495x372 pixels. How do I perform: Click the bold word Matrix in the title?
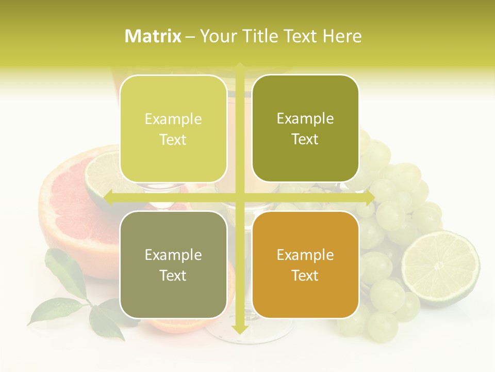click(153, 36)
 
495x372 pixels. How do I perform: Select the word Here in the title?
click(342, 36)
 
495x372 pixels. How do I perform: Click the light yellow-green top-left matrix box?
click(173, 129)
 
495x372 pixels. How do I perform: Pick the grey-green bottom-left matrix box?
click(173, 265)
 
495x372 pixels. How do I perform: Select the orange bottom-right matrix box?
click(305, 265)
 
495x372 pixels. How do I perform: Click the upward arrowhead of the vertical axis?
click(239, 67)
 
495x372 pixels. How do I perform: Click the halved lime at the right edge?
click(440, 266)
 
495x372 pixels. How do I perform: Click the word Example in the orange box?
click(305, 255)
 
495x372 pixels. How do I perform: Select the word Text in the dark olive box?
click(305, 139)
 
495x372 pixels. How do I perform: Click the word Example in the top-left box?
click(173, 119)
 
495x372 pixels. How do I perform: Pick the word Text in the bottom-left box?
click(173, 275)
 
